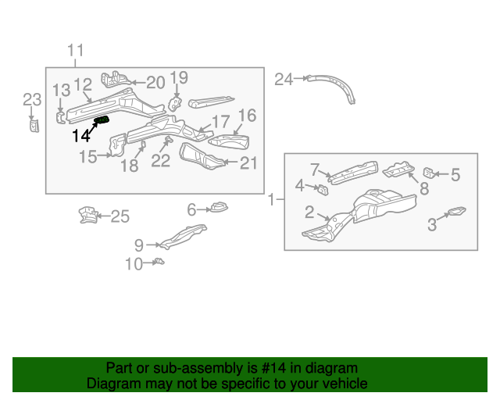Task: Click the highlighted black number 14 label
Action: (x=80, y=135)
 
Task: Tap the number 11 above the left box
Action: (x=74, y=52)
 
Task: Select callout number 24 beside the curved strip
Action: (x=283, y=79)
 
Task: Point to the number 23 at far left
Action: (x=31, y=99)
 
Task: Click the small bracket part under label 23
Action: (x=34, y=125)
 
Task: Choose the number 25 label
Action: (x=120, y=216)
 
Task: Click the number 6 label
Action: (x=191, y=209)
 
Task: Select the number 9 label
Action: (x=138, y=245)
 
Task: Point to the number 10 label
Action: (x=134, y=264)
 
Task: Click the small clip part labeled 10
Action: (x=158, y=261)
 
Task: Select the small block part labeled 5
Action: (x=429, y=173)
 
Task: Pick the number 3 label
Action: (x=432, y=226)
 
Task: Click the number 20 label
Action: (x=155, y=82)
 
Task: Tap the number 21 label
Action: (x=248, y=163)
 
